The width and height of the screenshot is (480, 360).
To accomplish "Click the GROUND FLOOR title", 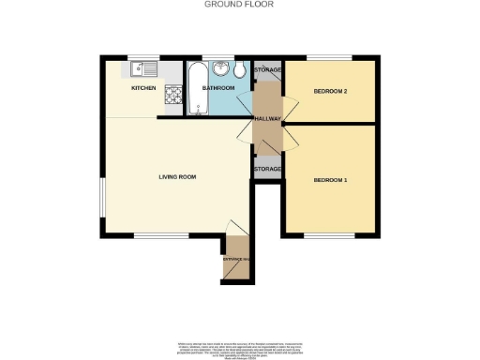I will pyautogui.click(x=232, y=4).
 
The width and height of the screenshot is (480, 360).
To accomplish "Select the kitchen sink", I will pyautogui.click(x=141, y=67).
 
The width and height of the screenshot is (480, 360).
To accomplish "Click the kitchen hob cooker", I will pyautogui.click(x=172, y=96).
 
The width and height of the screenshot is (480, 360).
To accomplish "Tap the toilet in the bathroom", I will pyautogui.click(x=240, y=70).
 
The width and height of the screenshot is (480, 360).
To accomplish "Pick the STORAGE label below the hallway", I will pyautogui.click(x=267, y=169).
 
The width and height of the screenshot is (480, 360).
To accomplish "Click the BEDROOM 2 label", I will pyautogui.click(x=331, y=91).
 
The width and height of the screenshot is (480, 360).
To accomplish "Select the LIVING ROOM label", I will pyautogui.click(x=174, y=175).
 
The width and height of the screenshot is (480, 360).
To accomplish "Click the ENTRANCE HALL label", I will pyautogui.click(x=236, y=258).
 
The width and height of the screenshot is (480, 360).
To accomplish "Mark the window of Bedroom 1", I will pyautogui.click(x=329, y=236).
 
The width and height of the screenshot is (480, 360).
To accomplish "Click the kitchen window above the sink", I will pyautogui.click(x=143, y=58).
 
